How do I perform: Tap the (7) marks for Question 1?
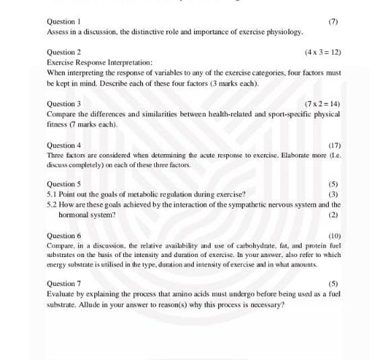(333, 22)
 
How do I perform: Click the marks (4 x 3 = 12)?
(323, 52)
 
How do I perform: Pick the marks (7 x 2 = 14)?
(323, 104)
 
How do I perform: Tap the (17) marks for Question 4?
(334, 145)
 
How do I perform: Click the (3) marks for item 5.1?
(333, 194)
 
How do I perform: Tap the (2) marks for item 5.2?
(333, 215)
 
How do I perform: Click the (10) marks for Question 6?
(334, 236)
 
